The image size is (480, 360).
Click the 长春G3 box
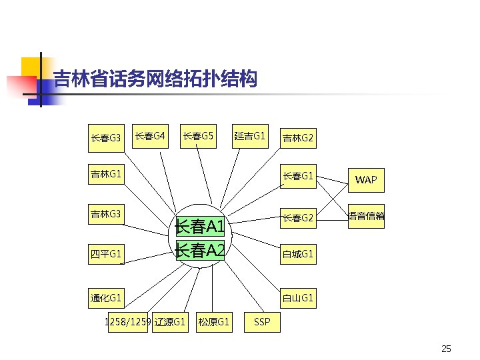pyautogui.click(x=106, y=138)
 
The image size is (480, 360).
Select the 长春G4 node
pyautogui.click(x=150, y=137)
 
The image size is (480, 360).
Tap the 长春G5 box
pyautogui.click(x=198, y=137)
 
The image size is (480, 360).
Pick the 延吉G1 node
pyautogui.click(x=250, y=137)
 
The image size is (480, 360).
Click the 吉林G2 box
pyautogui.click(x=297, y=139)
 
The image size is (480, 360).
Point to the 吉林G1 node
pyautogui.click(x=106, y=175)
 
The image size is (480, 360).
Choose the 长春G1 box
pyautogui.click(x=297, y=176)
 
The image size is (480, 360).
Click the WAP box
pyautogui.click(x=366, y=179)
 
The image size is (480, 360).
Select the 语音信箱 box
pyautogui.click(x=366, y=216)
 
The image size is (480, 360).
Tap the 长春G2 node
pyautogui.click(x=297, y=218)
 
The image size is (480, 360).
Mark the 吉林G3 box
pyautogui.click(x=106, y=214)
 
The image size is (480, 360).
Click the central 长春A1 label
pyautogui.click(x=201, y=227)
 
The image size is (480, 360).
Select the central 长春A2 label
pyautogui.click(x=201, y=250)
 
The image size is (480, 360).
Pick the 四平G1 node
pyautogui.click(x=106, y=253)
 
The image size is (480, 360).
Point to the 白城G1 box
pyautogui.click(x=297, y=254)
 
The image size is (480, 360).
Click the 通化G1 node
pyautogui.click(x=106, y=297)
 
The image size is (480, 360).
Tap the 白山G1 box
pyautogui.click(x=297, y=297)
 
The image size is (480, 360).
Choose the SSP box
pyautogui.click(x=263, y=322)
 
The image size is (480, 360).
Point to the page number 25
pyautogui.click(x=446, y=349)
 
